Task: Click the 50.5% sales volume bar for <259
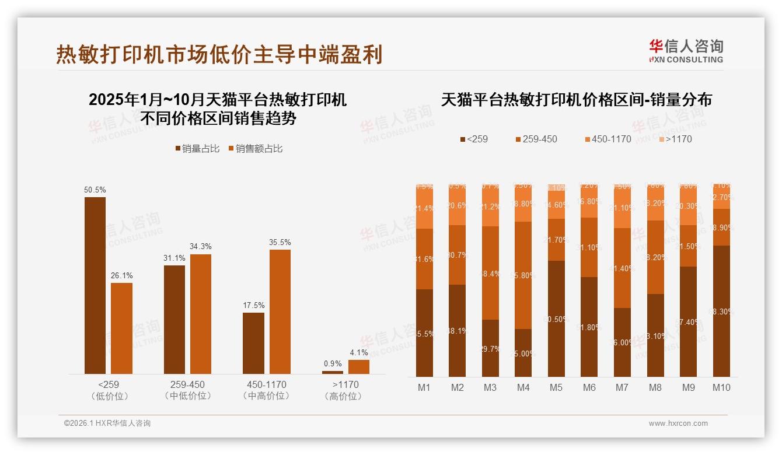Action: [95, 285]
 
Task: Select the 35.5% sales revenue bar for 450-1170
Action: [280, 311]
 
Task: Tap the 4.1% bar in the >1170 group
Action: [358, 366]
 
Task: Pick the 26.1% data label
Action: [121, 275]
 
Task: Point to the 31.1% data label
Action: [174, 258]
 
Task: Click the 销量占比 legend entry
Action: [197, 149]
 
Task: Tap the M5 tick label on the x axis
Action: [556, 387]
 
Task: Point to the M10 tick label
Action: [721, 387]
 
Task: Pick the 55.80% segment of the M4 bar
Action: [523, 275]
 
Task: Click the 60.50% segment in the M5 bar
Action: [556, 318]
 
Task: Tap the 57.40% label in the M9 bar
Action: [689, 322]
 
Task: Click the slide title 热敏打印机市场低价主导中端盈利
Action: [219, 54]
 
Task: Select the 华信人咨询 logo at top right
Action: [686, 51]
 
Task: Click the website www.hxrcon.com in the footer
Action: [678, 423]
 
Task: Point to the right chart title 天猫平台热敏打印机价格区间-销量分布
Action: [576, 100]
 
